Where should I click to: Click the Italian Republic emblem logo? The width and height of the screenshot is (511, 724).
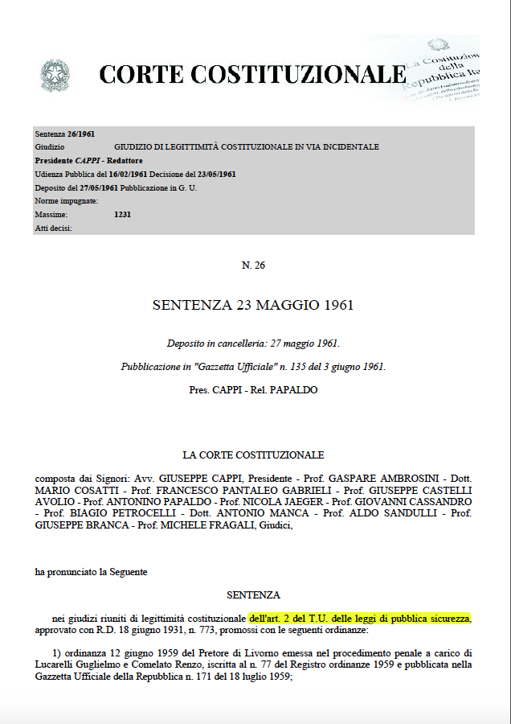(x=55, y=76)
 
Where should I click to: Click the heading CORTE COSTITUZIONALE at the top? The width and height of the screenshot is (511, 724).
(x=252, y=75)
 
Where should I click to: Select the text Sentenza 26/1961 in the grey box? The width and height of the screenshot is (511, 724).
(x=65, y=134)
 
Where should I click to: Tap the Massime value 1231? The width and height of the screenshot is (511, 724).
(x=123, y=215)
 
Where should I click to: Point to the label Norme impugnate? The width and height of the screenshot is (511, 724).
(x=67, y=201)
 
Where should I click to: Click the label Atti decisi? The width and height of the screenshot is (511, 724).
(x=54, y=228)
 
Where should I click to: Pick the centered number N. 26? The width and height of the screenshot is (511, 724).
(x=252, y=265)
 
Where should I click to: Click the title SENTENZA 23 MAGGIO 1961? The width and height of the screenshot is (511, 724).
(x=252, y=306)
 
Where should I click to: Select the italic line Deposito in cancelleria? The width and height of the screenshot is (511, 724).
(x=253, y=343)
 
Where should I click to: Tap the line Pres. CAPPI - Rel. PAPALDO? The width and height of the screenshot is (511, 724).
(x=252, y=390)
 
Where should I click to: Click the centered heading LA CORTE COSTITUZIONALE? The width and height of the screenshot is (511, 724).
(x=253, y=455)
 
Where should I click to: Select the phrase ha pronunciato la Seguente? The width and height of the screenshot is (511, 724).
(x=91, y=572)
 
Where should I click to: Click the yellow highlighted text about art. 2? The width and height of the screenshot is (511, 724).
(x=359, y=619)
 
